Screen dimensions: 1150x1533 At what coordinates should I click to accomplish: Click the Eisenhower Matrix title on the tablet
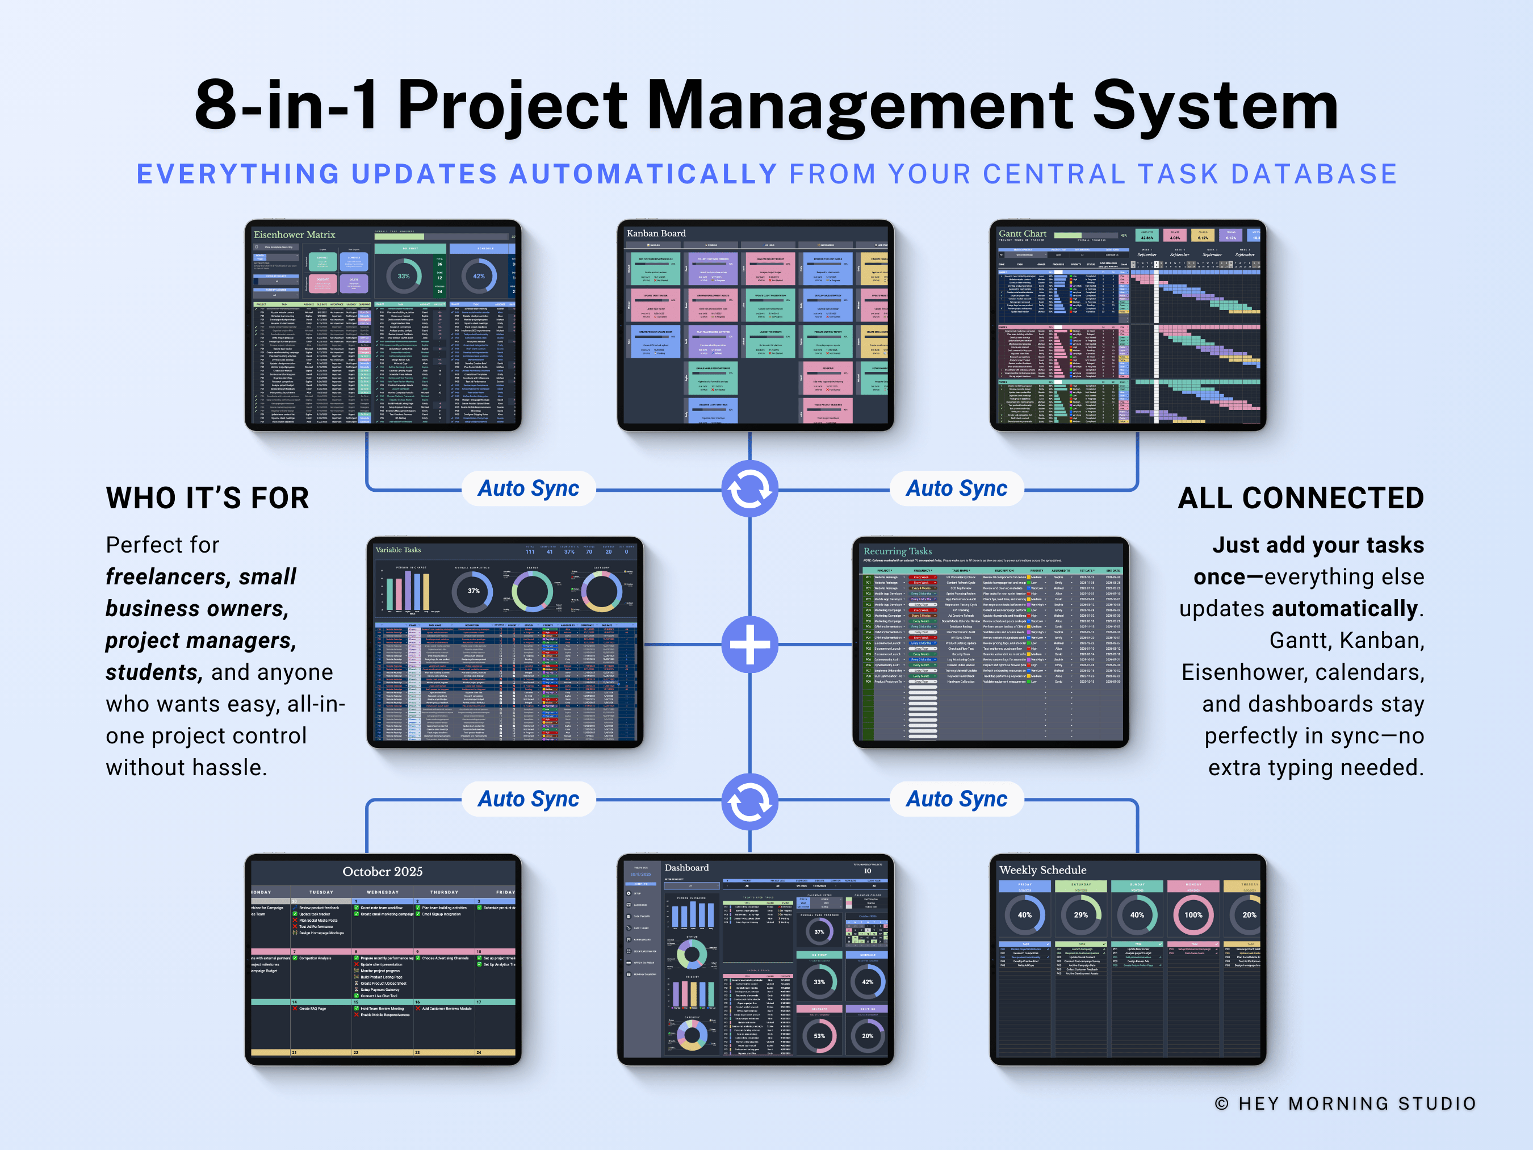tap(294, 235)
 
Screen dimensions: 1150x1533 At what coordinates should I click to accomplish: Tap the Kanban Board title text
tap(656, 233)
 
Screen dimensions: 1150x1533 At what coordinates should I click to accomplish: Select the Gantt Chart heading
tap(1022, 233)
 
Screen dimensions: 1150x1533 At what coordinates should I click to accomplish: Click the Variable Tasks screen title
tap(398, 550)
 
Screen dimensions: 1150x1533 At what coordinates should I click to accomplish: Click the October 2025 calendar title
tap(383, 871)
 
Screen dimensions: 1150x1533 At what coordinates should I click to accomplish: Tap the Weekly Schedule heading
tap(1042, 870)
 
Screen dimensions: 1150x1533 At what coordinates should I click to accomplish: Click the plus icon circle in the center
tap(750, 644)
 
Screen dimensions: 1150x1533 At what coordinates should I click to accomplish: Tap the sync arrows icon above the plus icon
tap(750, 489)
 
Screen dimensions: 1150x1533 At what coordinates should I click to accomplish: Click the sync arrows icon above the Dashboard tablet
tap(750, 802)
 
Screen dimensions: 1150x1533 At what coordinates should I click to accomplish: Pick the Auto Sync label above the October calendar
tap(528, 799)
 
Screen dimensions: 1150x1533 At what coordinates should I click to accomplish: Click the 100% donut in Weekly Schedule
tap(1193, 915)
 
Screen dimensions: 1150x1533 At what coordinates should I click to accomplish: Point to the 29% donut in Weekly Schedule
tap(1080, 915)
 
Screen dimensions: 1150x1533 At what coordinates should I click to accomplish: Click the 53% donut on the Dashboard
tap(819, 1036)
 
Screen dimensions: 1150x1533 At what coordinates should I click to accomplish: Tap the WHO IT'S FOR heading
tap(207, 499)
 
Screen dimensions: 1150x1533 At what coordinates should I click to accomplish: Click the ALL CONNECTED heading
tap(1300, 499)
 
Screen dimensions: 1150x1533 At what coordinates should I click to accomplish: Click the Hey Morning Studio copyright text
tap(1345, 1103)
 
